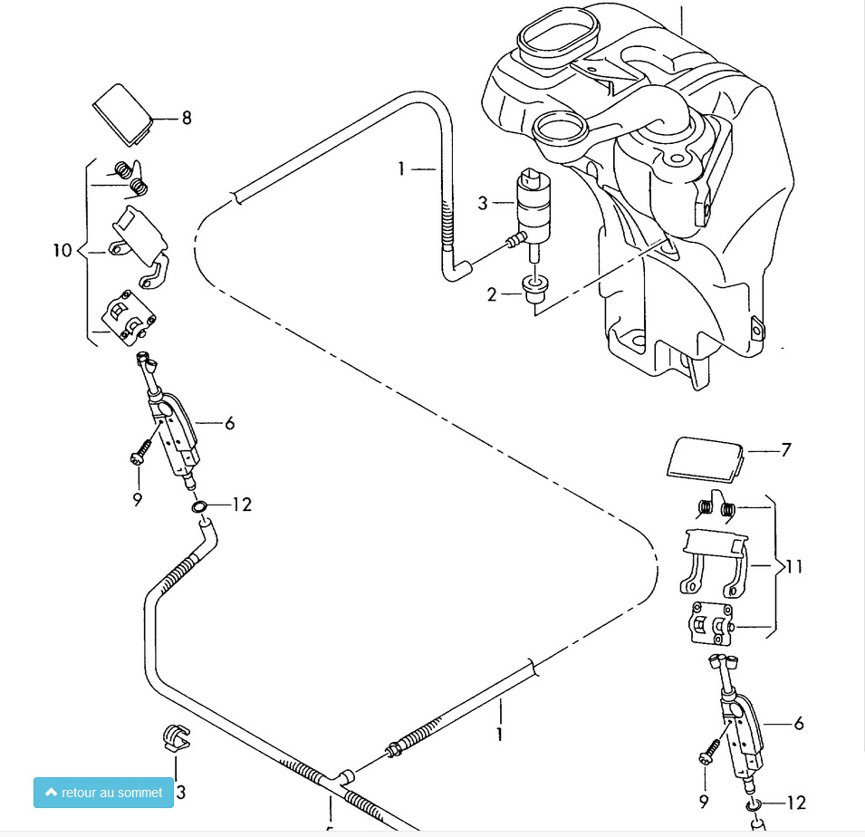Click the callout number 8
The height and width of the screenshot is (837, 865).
pyautogui.click(x=187, y=118)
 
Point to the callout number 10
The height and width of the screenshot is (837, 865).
pyautogui.click(x=62, y=250)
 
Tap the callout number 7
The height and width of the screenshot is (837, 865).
pyautogui.click(x=786, y=449)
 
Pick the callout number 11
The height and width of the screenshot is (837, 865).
pyautogui.click(x=794, y=568)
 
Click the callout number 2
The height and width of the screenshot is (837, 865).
pyautogui.click(x=492, y=294)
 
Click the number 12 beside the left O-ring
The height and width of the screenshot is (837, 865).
pyautogui.click(x=242, y=505)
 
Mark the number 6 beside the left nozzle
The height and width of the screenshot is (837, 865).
pyautogui.click(x=229, y=423)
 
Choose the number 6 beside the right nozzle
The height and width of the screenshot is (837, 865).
pyautogui.click(x=798, y=724)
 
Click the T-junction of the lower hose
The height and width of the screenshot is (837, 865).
pyautogui.click(x=344, y=777)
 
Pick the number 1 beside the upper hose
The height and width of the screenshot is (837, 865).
pyautogui.click(x=401, y=168)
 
